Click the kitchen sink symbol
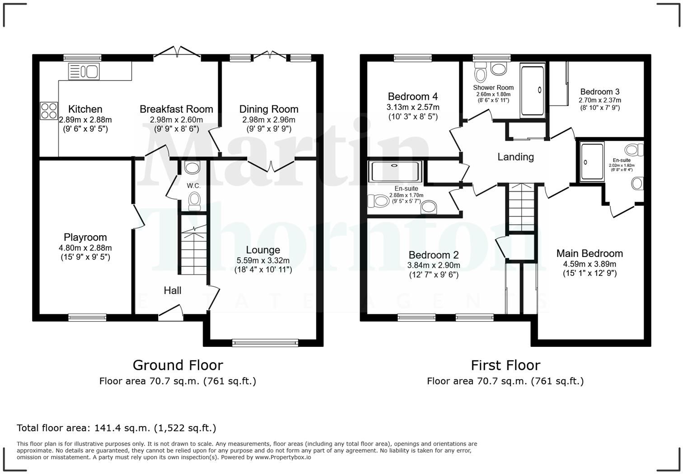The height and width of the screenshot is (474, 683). [84, 71]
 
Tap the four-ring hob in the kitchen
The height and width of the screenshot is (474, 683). [49, 110]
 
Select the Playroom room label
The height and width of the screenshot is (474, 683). [85, 237]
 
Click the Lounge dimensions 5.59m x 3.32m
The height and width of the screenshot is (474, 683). [263, 261]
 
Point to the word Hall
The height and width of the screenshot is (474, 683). [173, 290]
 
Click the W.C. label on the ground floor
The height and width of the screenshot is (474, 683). [194, 185]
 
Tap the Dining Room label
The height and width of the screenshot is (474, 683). [269, 109]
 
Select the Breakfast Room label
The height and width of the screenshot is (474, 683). [176, 109]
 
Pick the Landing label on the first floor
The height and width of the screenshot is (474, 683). [515, 157]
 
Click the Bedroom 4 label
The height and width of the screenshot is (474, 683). [413, 96]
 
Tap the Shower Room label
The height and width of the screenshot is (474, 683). [493, 88]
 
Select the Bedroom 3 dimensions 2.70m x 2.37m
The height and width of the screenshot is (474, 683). [600, 100]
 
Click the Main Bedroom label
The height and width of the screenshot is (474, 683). [589, 253]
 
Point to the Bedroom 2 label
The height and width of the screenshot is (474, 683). [434, 255]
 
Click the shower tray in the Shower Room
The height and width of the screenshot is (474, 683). [533, 90]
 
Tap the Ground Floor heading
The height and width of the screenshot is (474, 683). [178, 365]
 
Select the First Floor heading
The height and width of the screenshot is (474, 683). [506, 365]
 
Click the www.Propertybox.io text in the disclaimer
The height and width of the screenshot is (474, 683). [283, 457]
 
